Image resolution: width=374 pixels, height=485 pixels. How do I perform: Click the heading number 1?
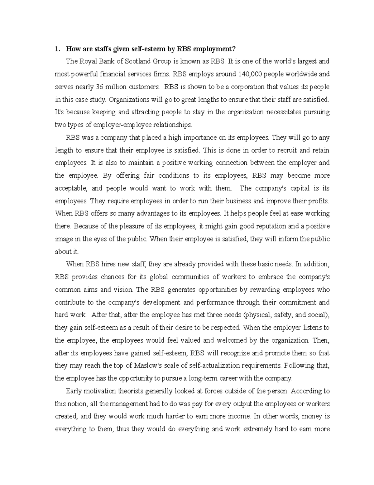coord(57,49)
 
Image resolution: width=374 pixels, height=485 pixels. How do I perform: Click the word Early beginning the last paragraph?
coord(73,391)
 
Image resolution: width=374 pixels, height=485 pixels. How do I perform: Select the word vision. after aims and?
coord(124,290)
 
